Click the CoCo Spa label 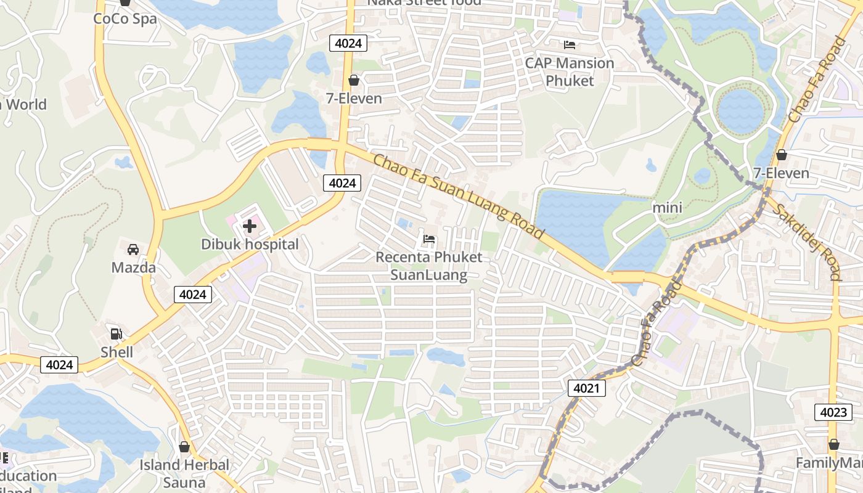(x=125, y=18)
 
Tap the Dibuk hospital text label (x=250, y=244)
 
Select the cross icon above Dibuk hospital (x=250, y=226)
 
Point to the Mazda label (x=133, y=267)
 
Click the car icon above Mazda (x=133, y=250)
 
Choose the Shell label (x=117, y=352)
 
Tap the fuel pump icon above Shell (x=116, y=334)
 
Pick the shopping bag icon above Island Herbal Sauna (x=184, y=447)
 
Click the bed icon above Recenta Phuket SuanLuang (x=429, y=239)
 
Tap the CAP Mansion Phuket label (x=570, y=71)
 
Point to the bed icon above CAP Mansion (x=570, y=45)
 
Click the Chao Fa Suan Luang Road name (x=459, y=197)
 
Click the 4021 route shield (x=586, y=388)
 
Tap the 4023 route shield (x=833, y=412)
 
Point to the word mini (x=667, y=208)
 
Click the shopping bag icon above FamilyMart (x=833, y=444)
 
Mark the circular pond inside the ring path (x=741, y=110)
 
